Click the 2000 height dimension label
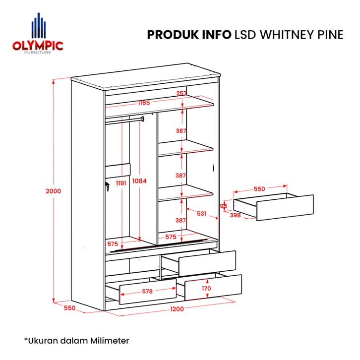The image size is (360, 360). (53, 191)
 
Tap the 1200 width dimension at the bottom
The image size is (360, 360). (177, 309)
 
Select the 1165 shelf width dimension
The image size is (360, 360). (144, 103)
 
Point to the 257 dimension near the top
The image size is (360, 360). (181, 93)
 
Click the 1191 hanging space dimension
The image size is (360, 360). (121, 183)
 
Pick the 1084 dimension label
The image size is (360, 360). (139, 181)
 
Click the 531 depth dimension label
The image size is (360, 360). (201, 214)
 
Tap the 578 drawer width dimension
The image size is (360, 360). (147, 292)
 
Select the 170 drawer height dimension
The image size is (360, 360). (206, 289)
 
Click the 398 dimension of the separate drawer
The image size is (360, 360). (235, 215)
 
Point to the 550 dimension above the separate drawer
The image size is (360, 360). (259, 189)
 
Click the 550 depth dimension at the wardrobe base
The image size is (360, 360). (69, 308)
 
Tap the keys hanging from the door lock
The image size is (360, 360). (107, 186)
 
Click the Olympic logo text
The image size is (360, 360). (38, 46)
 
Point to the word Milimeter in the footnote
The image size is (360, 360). (110, 341)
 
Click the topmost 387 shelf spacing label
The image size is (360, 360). (181, 130)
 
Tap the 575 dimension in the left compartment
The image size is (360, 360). (113, 244)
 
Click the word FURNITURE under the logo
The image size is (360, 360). (38, 53)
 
